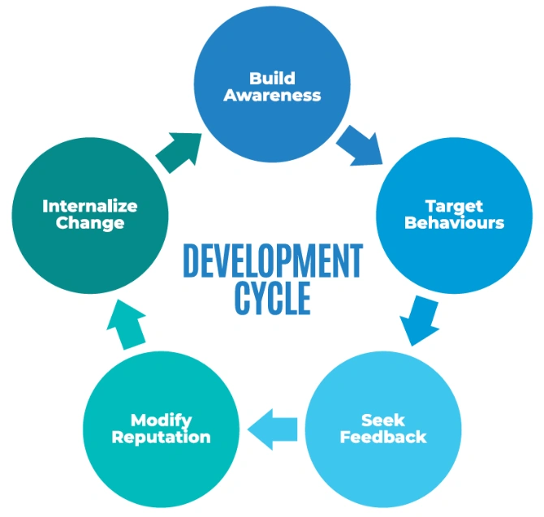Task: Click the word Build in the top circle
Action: click(x=272, y=79)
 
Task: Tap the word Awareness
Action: click(x=272, y=95)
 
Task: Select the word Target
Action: click(x=454, y=206)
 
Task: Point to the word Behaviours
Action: click(x=454, y=222)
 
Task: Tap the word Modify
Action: click(x=161, y=421)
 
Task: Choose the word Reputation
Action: click(x=161, y=437)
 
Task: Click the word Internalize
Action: click(x=89, y=206)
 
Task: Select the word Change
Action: click(x=89, y=222)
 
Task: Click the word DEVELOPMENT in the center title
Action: click(x=272, y=261)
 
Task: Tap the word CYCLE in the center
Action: click(x=272, y=298)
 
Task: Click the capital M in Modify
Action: click(x=138, y=421)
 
